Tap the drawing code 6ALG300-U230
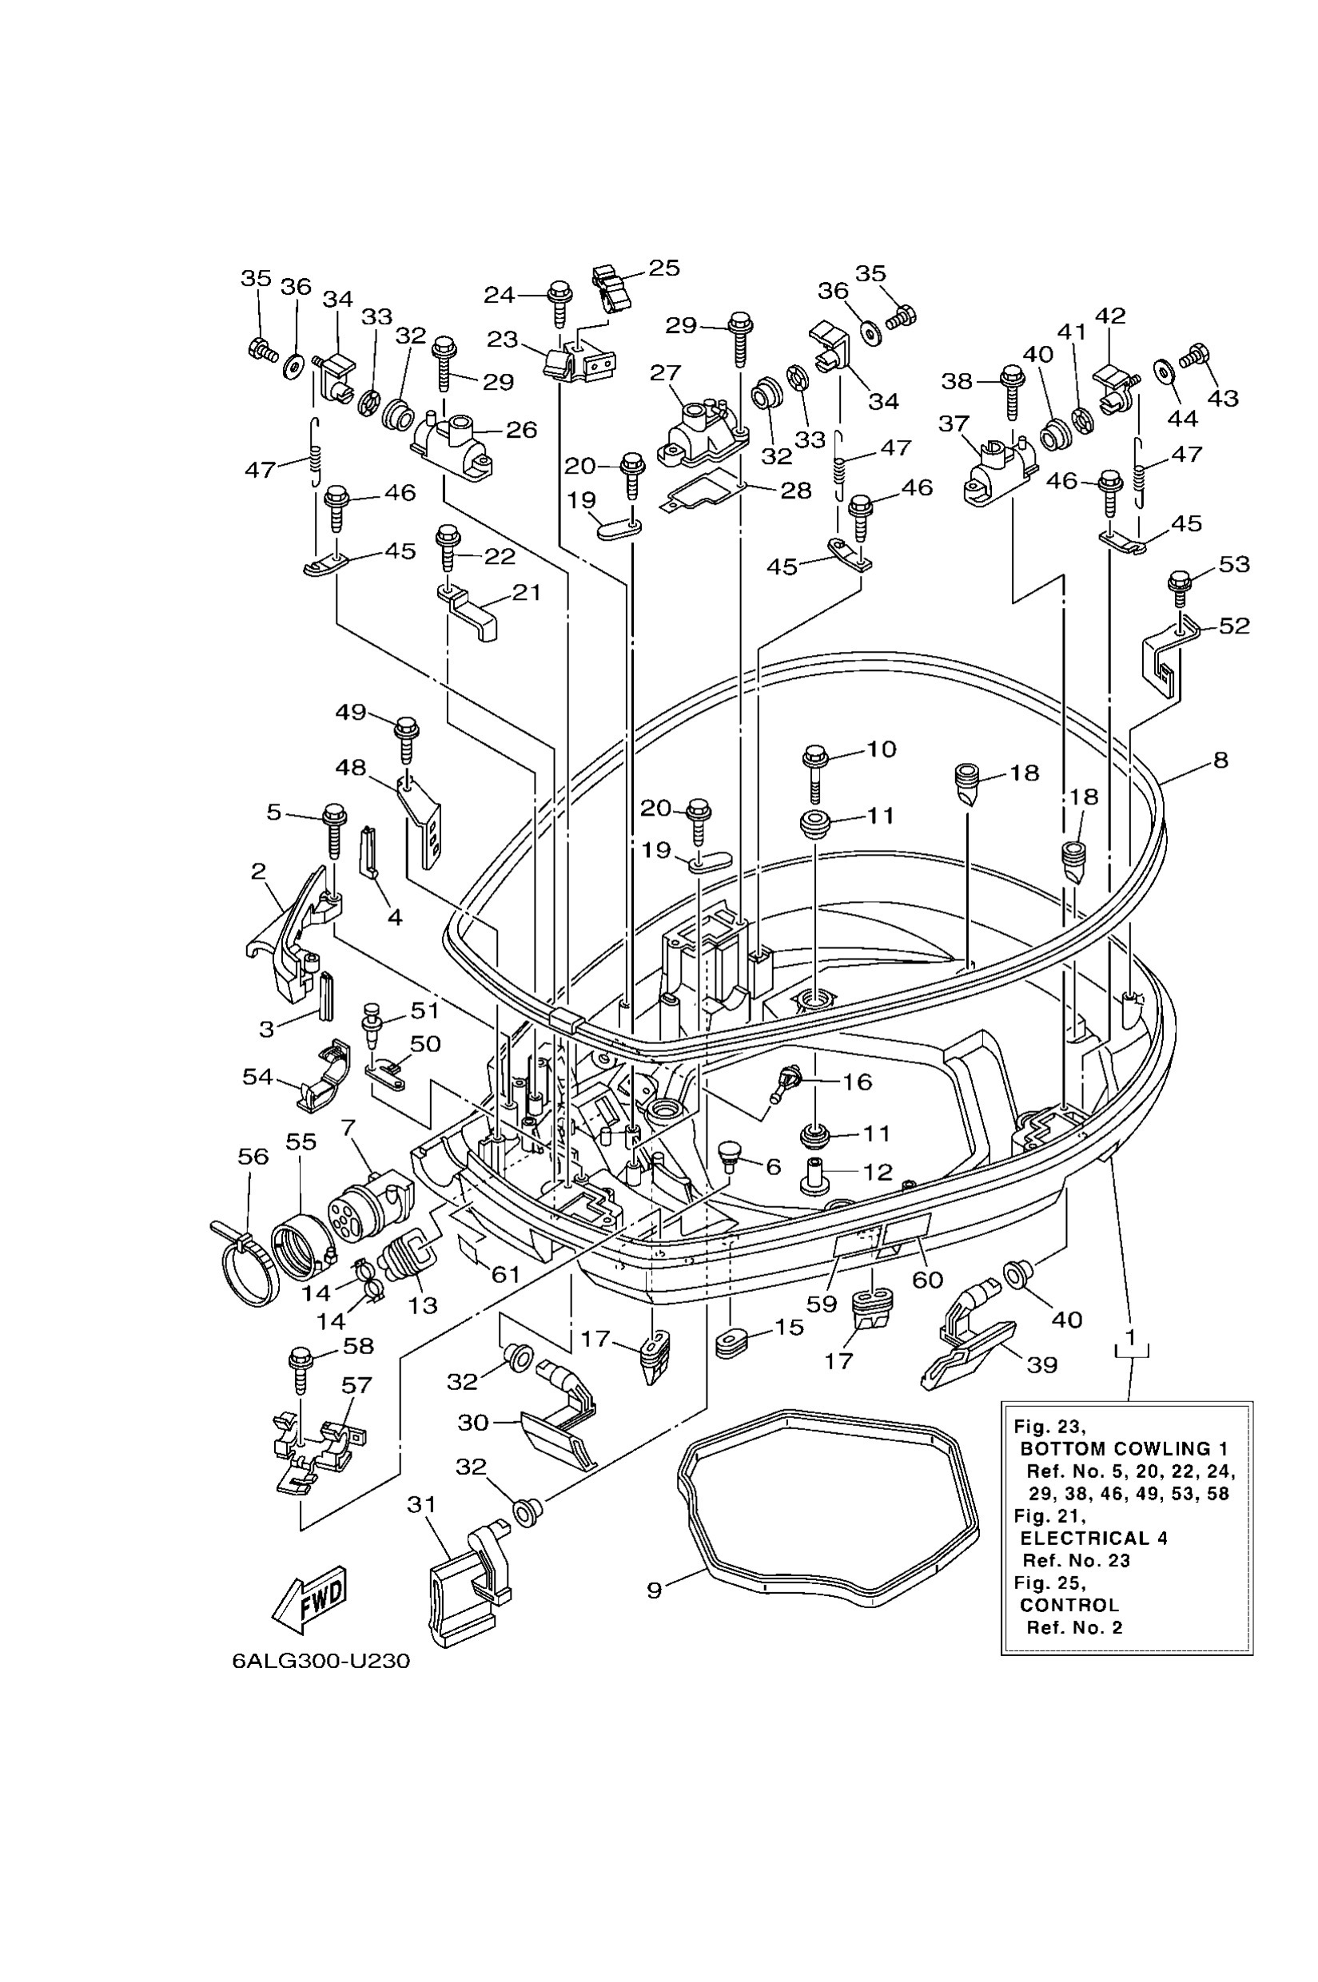point(321,1661)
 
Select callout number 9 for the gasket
point(654,1590)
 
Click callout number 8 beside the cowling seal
point(1220,761)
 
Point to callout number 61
point(505,1274)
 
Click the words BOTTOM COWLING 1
point(1124,1448)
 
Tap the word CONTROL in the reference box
point(1069,1605)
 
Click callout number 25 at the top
point(663,268)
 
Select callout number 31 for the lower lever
point(421,1504)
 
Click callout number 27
point(665,372)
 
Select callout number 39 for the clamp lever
point(1042,1364)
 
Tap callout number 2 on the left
point(258,872)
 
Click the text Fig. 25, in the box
point(1049,1583)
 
